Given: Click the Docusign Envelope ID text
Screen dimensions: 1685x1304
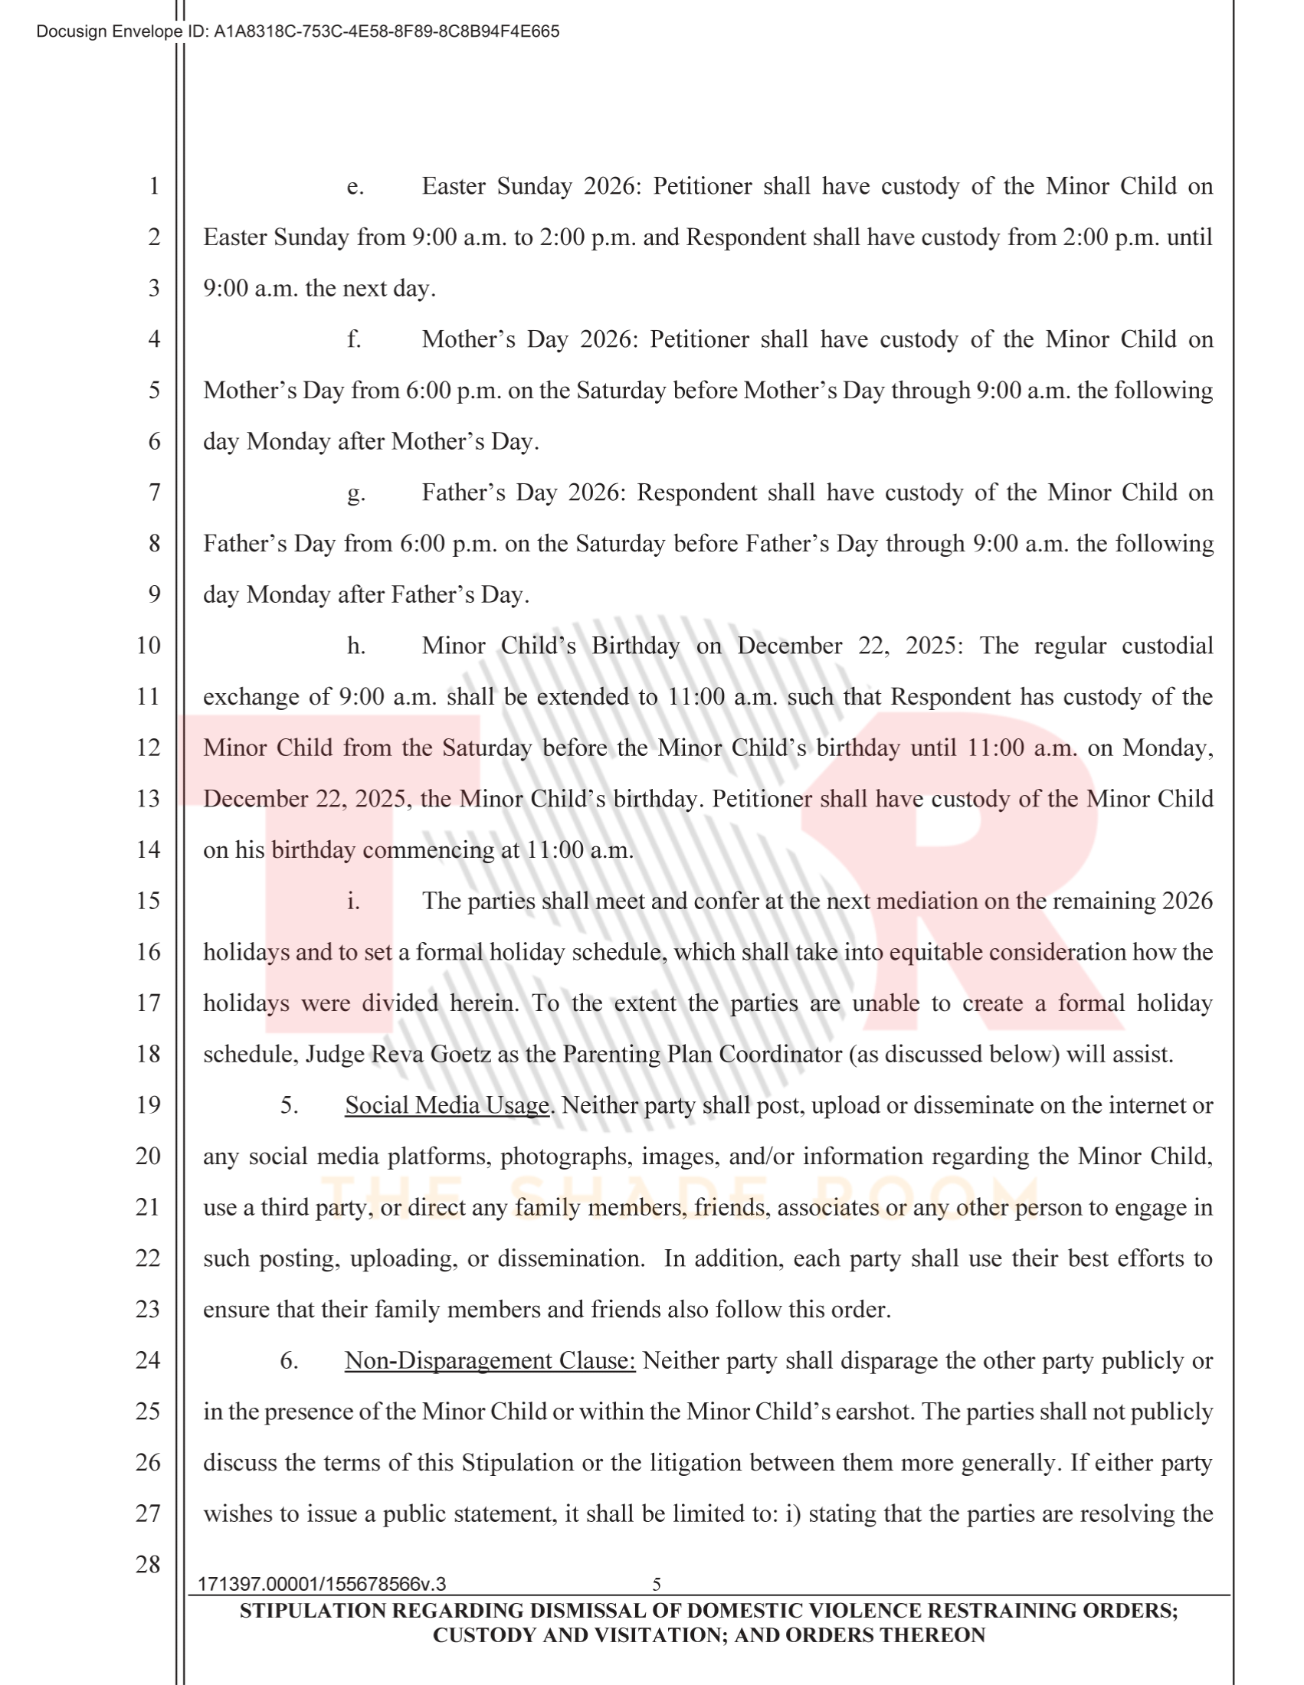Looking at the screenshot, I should tap(298, 31).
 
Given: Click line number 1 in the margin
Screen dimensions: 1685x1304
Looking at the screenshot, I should tap(154, 186).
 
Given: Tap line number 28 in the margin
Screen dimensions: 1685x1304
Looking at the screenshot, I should tap(148, 1565).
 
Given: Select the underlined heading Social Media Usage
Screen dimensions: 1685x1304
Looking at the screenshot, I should tap(447, 1105).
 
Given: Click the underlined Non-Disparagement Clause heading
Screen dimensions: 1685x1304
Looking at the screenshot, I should tap(490, 1361).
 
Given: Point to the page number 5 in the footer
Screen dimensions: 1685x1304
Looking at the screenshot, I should tap(657, 1585).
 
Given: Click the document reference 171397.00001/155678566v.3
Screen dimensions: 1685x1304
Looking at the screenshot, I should tap(322, 1585).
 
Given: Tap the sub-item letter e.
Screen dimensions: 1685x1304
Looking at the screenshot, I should tap(355, 187).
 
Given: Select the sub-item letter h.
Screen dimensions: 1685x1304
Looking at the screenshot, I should tap(355, 646).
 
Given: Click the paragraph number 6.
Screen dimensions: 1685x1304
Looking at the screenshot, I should tap(290, 1361).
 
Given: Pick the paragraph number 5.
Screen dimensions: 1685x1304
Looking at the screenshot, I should tap(290, 1105).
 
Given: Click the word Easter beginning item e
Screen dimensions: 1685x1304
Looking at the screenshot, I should tap(453, 187).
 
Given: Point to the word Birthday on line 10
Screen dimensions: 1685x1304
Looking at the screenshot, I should tap(635, 646).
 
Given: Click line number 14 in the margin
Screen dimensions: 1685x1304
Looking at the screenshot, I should tap(148, 850).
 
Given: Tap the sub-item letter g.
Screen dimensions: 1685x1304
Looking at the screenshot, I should tap(355, 494).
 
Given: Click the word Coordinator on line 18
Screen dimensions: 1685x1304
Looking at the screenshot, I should tap(780, 1055).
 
